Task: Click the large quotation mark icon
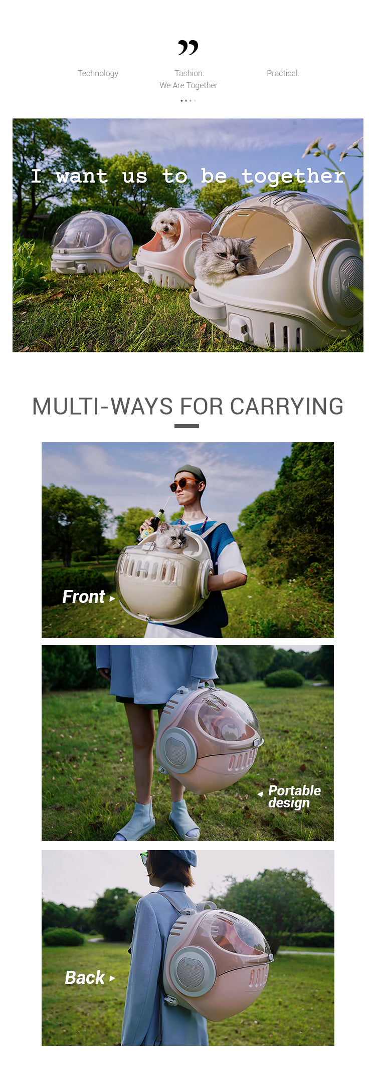tap(188, 48)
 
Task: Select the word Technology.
tap(99, 73)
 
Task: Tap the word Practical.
tap(283, 73)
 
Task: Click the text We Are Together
tap(189, 85)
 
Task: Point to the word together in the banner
tap(293, 176)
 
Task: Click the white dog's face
tap(166, 225)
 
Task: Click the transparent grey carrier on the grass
tap(92, 242)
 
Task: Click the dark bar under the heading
tap(186, 426)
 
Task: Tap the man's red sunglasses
tap(184, 484)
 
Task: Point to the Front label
tap(88, 597)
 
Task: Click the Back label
tap(90, 978)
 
